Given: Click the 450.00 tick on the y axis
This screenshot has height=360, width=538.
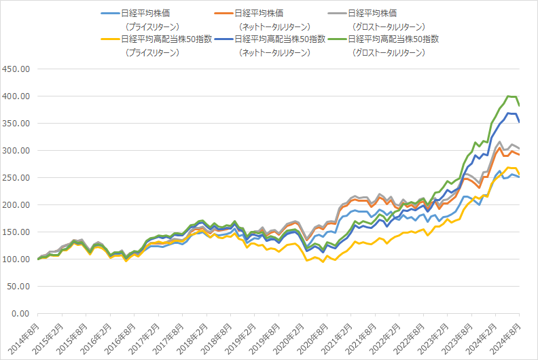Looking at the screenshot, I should click(x=16, y=69).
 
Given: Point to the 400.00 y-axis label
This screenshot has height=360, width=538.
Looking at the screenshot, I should click(x=16, y=96).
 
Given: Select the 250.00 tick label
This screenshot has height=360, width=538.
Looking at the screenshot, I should click(x=16, y=178).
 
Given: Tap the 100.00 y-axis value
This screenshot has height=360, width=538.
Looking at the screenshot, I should click(x=16, y=259).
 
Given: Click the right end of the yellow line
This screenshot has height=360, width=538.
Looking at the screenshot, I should click(x=520, y=175).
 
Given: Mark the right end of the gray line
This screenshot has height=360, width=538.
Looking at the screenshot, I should click(x=520, y=149).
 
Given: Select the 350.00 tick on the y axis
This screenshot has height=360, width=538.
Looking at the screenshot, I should click(x=16, y=124).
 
